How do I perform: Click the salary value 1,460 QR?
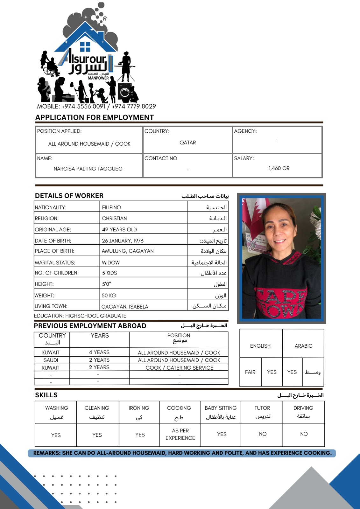pyautogui.click(x=279, y=168)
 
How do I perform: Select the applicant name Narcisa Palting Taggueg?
pyautogui.click(x=88, y=169)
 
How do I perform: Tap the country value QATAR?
pyautogui.click(x=187, y=143)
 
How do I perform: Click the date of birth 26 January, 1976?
pyautogui.click(x=123, y=241)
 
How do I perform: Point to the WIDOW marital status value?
pyautogui.click(x=111, y=262)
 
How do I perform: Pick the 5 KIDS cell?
pyautogui.click(x=109, y=273)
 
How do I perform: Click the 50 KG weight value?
pyautogui.click(x=109, y=295)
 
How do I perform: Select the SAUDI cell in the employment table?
pyautogui.click(x=51, y=360)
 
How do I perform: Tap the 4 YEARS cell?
pyautogui.click(x=99, y=352)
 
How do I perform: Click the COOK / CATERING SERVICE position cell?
pyautogui.click(x=179, y=367)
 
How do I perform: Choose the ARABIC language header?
pyautogui.click(x=303, y=346)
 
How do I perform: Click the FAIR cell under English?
pyautogui.click(x=250, y=372)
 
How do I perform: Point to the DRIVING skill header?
pyautogui.click(x=303, y=408)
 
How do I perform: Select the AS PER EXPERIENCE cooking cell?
pyautogui.click(x=180, y=434)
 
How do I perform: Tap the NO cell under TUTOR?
pyautogui.click(x=263, y=434)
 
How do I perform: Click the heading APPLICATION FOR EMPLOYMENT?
pyautogui.click(x=95, y=117)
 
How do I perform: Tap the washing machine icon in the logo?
pyautogui.click(x=125, y=92)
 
